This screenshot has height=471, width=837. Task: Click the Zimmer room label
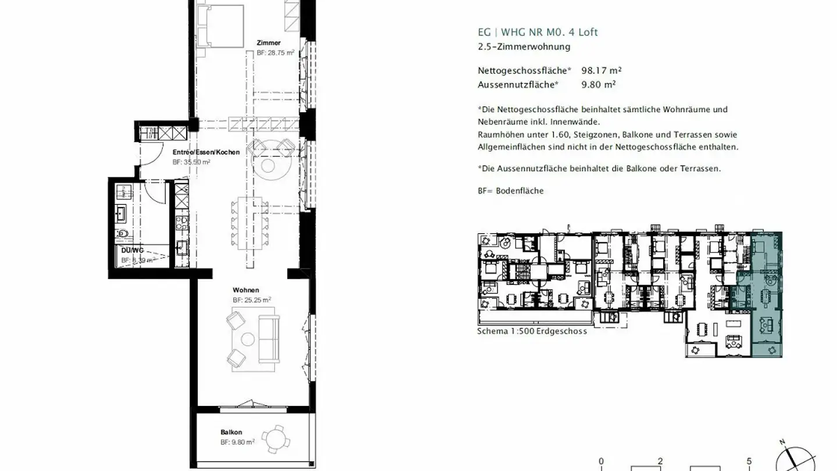269,42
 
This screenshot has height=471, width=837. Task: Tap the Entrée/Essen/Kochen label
206,152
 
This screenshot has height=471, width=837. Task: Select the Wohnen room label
246,290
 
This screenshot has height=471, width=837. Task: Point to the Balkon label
231,432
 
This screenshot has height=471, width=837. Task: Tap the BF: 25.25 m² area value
252,300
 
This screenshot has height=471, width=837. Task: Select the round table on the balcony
273,437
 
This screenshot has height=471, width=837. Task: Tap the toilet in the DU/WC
123,234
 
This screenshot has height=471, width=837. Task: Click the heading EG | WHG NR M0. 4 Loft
537,33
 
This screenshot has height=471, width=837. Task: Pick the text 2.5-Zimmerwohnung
524,47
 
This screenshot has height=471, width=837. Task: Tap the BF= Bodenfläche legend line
510,191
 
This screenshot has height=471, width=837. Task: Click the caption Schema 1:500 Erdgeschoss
532,331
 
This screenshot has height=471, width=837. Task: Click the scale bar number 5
749,461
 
